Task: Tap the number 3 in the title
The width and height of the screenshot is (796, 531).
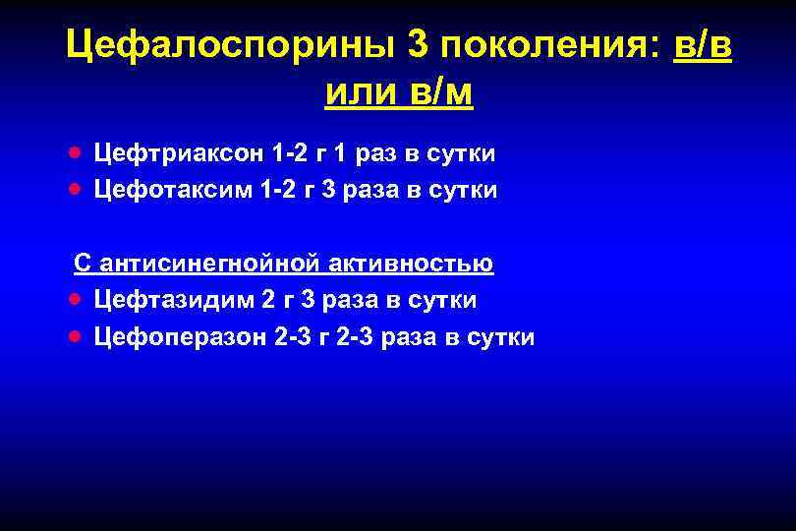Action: click(417, 46)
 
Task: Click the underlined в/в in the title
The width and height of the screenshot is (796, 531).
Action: click(704, 46)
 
